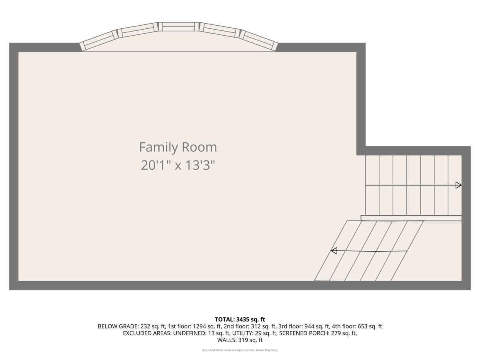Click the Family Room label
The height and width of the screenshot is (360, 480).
coord(178,147)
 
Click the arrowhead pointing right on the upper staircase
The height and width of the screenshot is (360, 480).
coord(458,185)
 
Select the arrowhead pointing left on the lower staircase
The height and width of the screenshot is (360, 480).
coord(334,251)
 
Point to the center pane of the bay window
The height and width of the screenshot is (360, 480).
coord(179,27)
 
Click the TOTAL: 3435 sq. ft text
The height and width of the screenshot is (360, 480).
coord(240,319)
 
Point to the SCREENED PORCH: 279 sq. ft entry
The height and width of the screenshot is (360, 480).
coord(318,333)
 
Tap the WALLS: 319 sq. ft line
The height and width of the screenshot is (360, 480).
coord(240,340)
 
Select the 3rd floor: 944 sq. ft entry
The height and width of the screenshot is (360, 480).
coord(304,326)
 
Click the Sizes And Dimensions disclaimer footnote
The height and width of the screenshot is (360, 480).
coord(240,350)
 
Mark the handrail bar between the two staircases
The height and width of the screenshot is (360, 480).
coord(411,218)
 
